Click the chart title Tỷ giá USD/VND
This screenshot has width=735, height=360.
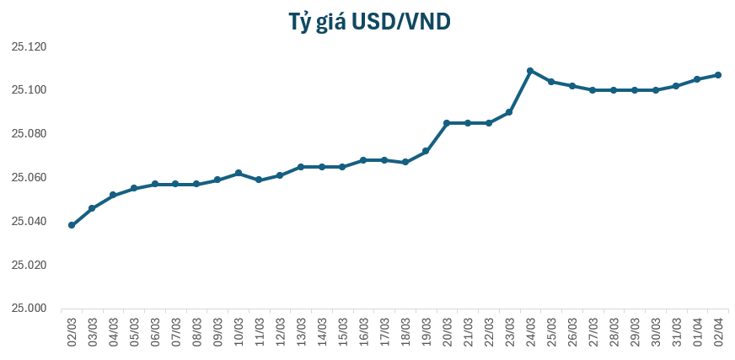click(367, 21)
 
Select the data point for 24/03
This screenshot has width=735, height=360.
click(530, 71)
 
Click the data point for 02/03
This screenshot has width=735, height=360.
click(72, 225)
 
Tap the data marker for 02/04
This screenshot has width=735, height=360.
click(718, 75)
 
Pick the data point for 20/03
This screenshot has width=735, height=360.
click(447, 123)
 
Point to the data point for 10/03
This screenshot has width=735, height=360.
click(239, 173)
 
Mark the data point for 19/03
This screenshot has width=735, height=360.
click(426, 151)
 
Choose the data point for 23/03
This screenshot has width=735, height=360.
click(509, 112)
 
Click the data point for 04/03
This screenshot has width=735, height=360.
click(113, 195)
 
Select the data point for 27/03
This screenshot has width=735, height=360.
click(593, 90)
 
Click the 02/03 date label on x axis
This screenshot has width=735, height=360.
click(72, 330)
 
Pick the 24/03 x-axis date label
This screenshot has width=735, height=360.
click(530, 330)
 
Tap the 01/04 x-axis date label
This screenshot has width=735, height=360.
click(697, 330)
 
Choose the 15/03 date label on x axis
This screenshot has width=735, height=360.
click(342, 330)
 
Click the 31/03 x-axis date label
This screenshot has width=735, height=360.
click(676, 330)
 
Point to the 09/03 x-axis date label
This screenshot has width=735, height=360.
click(217, 330)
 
